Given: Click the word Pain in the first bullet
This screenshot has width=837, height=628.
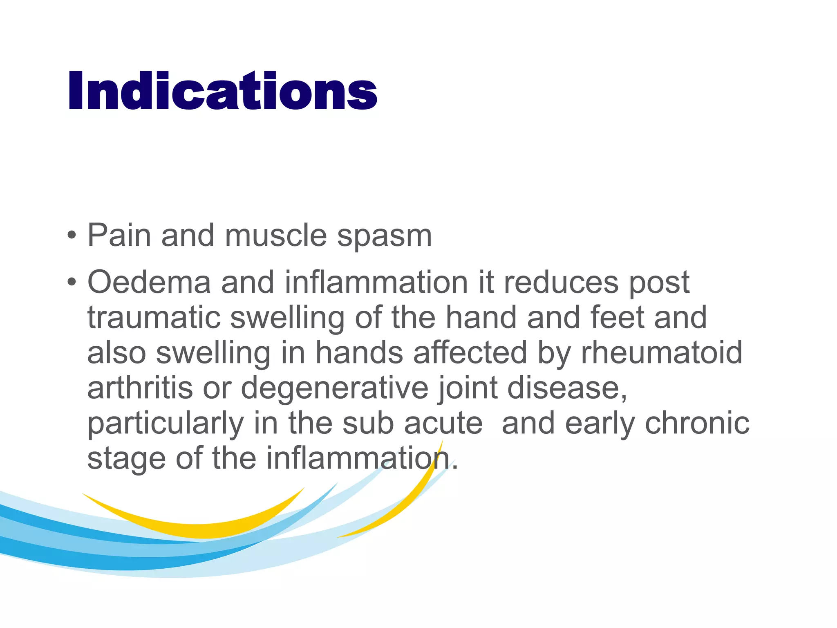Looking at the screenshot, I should [119, 235].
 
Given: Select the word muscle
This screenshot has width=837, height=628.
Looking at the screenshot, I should [275, 235].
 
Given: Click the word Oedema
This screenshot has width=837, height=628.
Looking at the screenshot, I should [149, 282].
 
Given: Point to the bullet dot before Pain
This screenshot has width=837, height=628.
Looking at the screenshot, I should [72, 235].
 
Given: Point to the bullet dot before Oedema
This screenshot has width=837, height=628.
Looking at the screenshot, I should [72, 282].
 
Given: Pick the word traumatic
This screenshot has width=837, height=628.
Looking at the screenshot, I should [154, 318].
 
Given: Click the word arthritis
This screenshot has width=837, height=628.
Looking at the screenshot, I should [140, 388].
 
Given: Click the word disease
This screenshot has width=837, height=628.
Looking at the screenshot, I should [566, 388].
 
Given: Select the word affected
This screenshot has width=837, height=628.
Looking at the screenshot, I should [470, 353].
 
